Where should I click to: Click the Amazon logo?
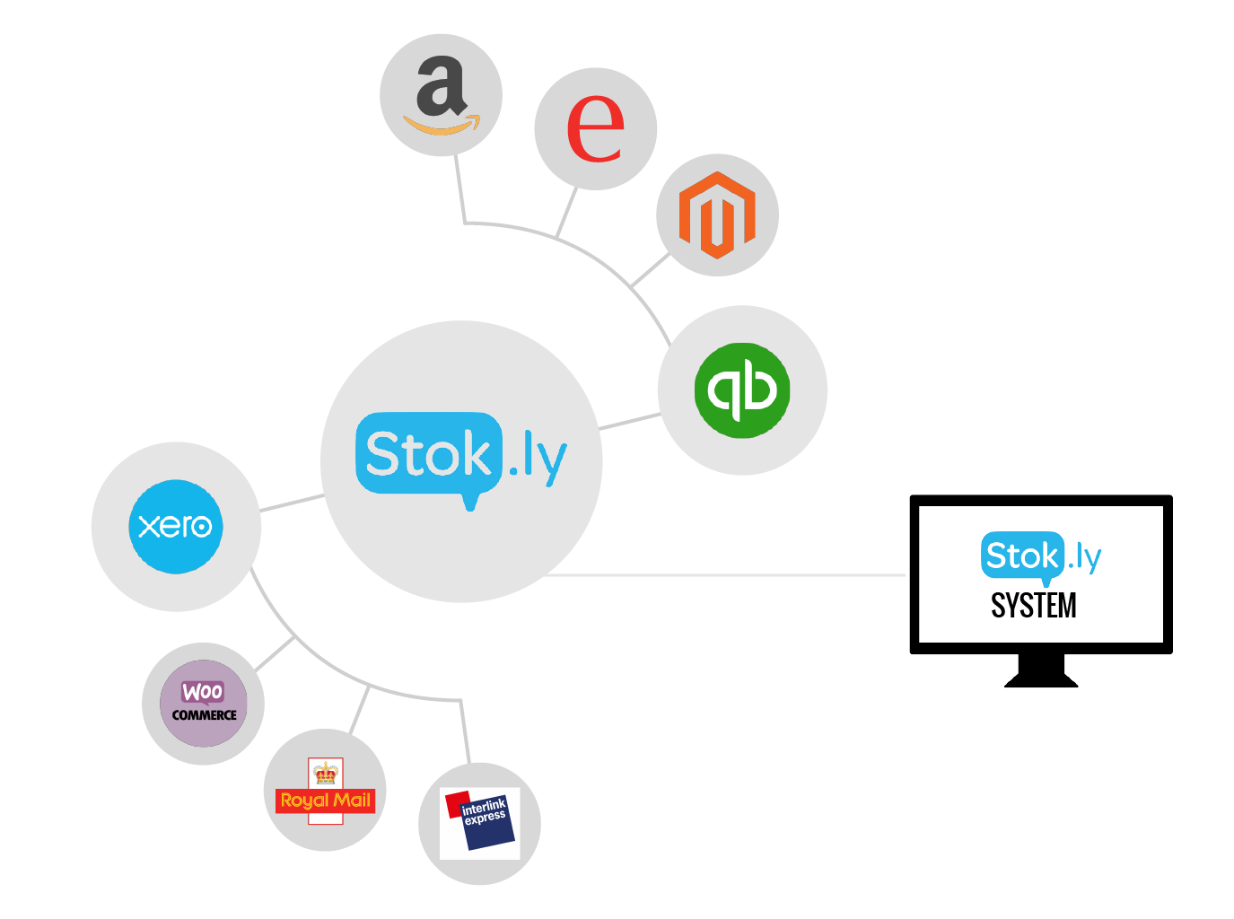(x=441, y=95)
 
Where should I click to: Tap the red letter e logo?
(x=595, y=128)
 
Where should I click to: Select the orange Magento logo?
(x=717, y=214)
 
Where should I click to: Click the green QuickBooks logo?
(x=742, y=390)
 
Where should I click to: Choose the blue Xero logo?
(x=176, y=526)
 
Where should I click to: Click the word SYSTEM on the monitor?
(x=1034, y=606)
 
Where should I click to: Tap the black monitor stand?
(x=1041, y=671)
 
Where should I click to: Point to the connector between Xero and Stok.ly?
(x=292, y=503)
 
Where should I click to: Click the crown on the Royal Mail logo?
(x=325, y=772)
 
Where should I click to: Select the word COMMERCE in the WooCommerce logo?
(x=204, y=715)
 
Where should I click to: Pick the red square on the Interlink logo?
(x=457, y=804)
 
